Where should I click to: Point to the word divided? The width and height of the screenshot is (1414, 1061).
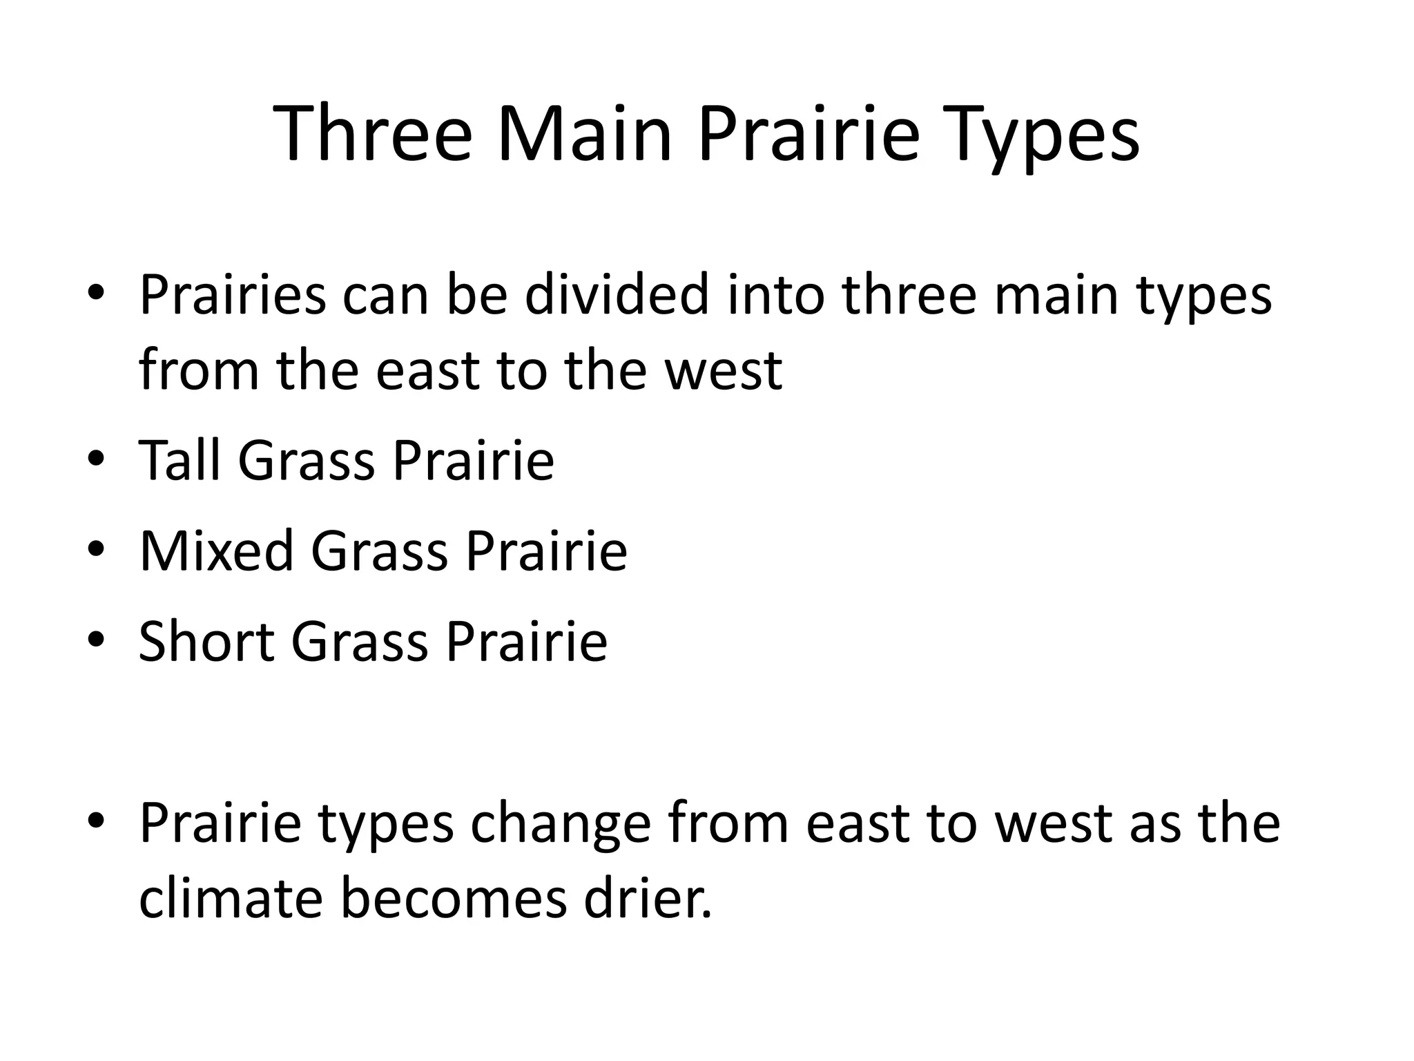pyautogui.click(x=617, y=296)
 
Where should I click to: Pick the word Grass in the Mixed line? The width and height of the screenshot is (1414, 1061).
pyautogui.click(x=379, y=552)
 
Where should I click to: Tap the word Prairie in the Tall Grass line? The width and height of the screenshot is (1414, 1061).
pyautogui.click(x=473, y=460)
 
